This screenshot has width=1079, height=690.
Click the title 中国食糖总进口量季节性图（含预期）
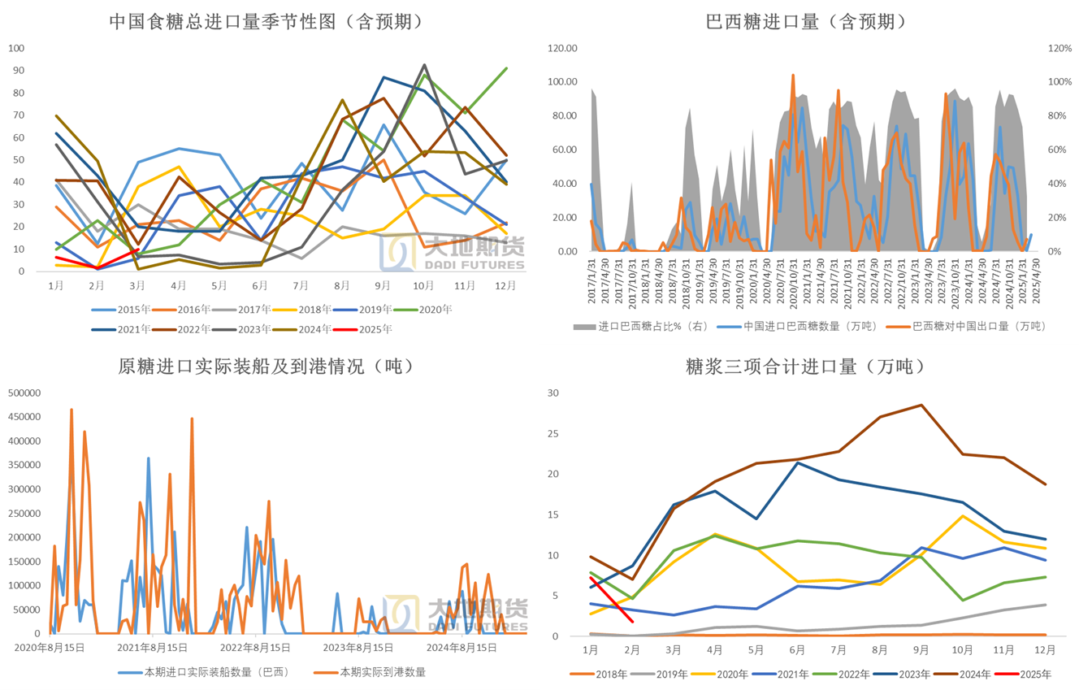(x=266, y=22)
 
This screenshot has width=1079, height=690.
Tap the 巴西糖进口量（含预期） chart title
(x=806, y=22)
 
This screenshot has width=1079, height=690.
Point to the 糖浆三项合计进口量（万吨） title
(x=806, y=366)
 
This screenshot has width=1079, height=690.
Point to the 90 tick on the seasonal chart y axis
(x=16, y=71)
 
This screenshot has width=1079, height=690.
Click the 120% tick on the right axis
(x=1059, y=49)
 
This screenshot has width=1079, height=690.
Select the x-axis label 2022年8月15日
(x=255, y=648)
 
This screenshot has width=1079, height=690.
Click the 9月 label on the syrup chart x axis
(x=921, y=650)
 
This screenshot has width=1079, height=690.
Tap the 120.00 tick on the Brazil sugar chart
(x=561, y=49)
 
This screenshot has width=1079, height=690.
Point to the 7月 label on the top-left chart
(x=301, y=285)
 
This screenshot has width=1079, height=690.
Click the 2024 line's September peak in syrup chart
(x=921, y=405)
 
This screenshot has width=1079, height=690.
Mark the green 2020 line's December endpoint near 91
(x=507, y=68)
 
